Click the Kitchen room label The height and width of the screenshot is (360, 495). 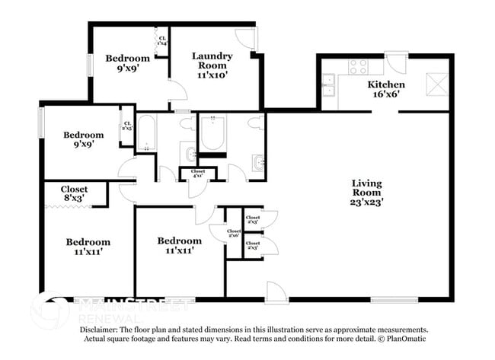(386, 84)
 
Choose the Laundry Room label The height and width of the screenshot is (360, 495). (212, 61)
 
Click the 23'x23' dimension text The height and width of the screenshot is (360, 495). (367, 202)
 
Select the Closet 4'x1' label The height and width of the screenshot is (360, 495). (198, 174)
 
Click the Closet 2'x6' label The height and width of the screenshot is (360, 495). (234, 234)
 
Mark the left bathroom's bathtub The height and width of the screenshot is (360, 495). (147, 134)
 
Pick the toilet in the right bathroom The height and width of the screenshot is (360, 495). (255, 121)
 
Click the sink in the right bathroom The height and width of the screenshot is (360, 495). (257, 161)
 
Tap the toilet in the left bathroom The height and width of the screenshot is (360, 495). (190, 156)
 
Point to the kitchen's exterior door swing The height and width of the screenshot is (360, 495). (396, 62)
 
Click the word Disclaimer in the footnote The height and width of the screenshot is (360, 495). (103, 330)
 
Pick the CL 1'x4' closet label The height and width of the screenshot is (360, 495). (161, 39)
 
